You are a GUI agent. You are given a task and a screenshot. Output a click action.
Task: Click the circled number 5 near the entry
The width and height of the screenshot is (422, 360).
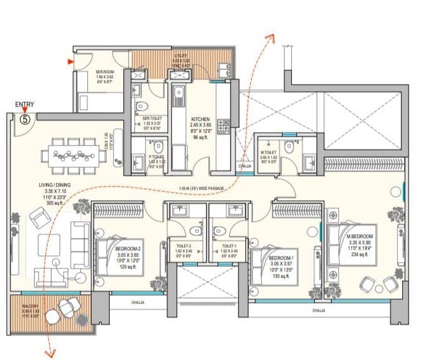(x=25, y=119)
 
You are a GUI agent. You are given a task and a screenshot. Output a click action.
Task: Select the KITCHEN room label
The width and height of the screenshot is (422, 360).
(x=200, y=119)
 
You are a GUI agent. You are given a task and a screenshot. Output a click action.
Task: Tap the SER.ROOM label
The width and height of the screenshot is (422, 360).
(x=104, y=71)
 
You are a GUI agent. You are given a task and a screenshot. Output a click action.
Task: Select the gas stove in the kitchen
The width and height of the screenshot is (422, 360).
(x=227, y=127)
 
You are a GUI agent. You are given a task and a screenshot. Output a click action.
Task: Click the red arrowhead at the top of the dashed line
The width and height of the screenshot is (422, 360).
(x=271, y=38)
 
